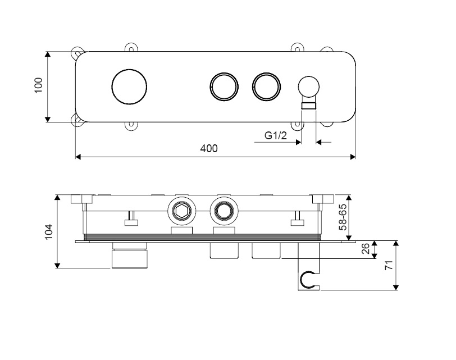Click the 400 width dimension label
click(x=209, y=149)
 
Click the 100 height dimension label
click(x=39, y=85)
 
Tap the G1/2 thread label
click(x=276, y=135)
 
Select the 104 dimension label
click(x=48, y=232)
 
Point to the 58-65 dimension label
click(x=343, y=217)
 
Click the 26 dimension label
click(x=366, y=249)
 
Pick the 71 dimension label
click(x=389, y=265)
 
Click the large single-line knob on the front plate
click(x=129, y=86)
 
